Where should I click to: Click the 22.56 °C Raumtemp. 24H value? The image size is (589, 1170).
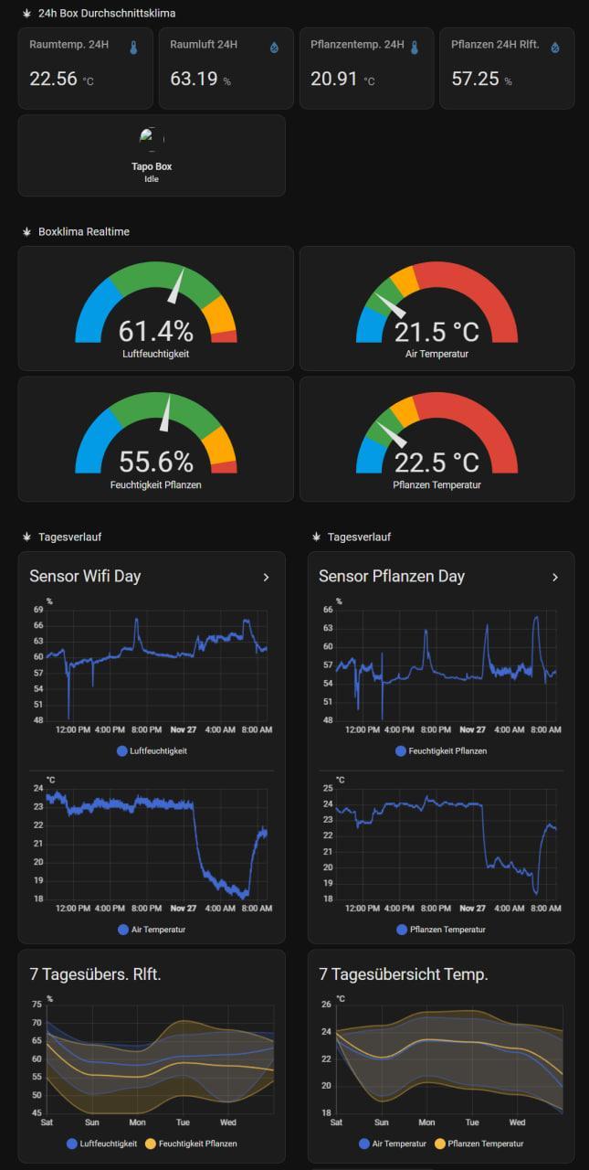click(53, 80)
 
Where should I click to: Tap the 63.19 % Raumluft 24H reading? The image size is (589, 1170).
click(194, 80)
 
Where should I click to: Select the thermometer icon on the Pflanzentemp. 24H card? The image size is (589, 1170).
click(415, 48)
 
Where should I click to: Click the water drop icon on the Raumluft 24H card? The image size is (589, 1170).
click(274, 48)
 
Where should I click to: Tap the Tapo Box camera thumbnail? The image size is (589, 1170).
click(152, 139)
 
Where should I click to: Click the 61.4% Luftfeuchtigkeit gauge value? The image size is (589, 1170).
click(155, 331)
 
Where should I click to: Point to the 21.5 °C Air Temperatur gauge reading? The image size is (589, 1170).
click(436, 331)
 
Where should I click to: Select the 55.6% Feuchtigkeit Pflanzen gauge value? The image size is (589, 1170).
click(155, 462)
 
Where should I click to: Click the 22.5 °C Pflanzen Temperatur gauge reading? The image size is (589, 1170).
click(436, 462)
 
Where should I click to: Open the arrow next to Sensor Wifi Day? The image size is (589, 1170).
click(266, 577)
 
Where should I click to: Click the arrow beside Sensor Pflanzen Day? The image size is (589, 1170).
click(554, 577)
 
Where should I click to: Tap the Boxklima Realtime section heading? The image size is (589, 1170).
click(84, 232)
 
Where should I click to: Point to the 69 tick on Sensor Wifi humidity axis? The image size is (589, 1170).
click(38, 610)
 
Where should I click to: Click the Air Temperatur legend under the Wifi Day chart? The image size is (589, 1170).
click(152, 930)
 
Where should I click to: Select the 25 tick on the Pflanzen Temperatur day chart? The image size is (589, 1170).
click(327, 788)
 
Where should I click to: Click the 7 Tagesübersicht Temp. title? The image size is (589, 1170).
click(403, 974)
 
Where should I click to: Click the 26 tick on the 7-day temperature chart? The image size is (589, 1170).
click(327, 1005)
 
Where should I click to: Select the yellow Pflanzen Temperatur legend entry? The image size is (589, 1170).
click(479, 1143)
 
